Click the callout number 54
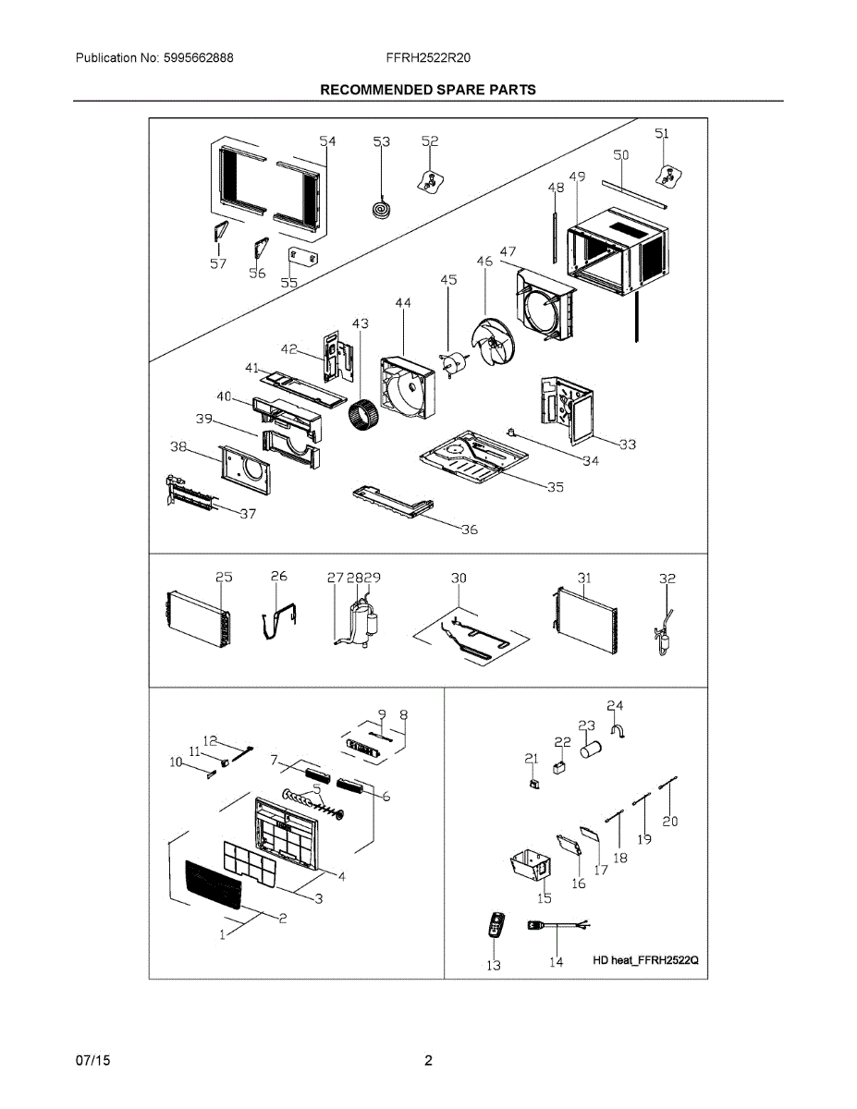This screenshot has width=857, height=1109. coord(327,141)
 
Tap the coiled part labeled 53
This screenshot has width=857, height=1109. coord(380,210)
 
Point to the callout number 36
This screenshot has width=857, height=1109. coord(470,530)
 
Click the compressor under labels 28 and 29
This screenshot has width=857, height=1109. coord(361,624)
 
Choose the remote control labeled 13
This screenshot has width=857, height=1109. coord(497,926)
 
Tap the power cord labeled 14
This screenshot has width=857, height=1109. coord(555,925)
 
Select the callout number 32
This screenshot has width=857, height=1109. coord(667,579)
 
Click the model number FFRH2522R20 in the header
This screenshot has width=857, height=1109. coord(429,57)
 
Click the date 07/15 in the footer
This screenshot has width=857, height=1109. coord(92,1060)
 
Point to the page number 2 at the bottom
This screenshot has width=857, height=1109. coord(428,1060)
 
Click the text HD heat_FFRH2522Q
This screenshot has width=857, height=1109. coord(646,960)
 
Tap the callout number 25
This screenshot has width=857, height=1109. coord(224,577)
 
